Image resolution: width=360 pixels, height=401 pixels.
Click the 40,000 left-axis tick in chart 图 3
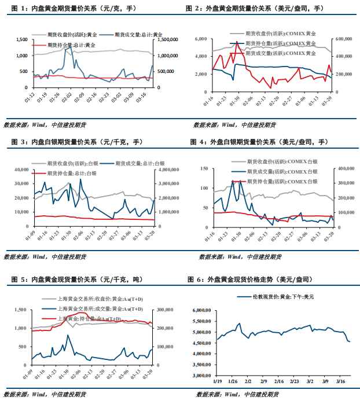[21, 170]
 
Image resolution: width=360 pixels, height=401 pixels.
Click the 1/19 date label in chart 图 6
[218, 382]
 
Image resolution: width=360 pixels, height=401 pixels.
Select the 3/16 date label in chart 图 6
[342, 382]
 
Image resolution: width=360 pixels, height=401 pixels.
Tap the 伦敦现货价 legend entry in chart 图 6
[276, 297]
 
